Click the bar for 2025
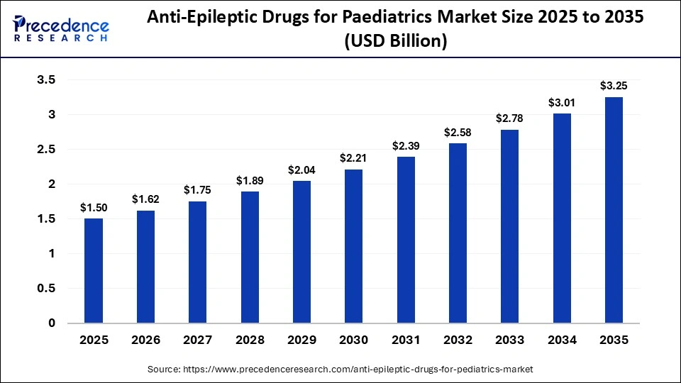coord(94,271)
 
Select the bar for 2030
coord(353,246)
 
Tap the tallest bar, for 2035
coord(614,210)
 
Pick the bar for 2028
coord(250,257)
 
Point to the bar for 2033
coord(509,226)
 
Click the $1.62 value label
coord(145,200)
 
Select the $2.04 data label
coord(301,170)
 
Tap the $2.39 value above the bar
coord(406,146)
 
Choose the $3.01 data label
coord(562,103)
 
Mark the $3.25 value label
coord(614,86)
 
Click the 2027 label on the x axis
coord(198,341)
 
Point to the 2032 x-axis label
coord(458,341)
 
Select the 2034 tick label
coord(562,341)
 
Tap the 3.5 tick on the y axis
coord(46,80)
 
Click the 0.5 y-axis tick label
coord(46,289)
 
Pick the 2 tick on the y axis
coord(51,184)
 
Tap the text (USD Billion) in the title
coord(395,42)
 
